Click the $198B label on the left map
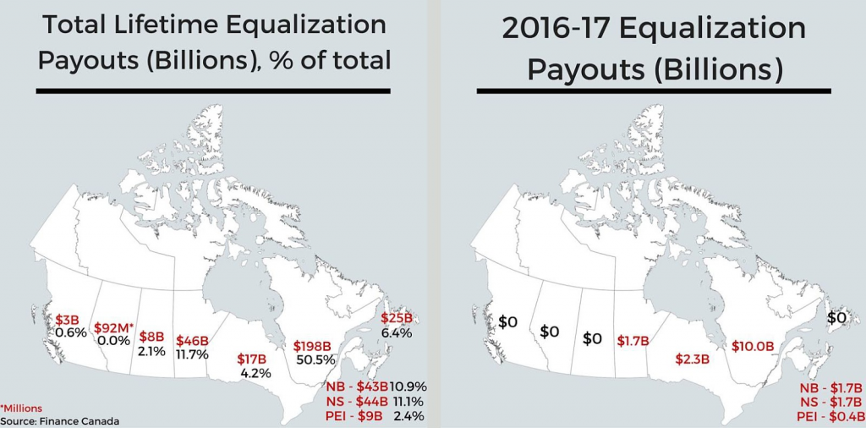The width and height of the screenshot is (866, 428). click(315, 346)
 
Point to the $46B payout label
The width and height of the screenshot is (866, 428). click(192, 341)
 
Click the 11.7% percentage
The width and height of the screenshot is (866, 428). click(192, 354)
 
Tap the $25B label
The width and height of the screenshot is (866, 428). click(396, 318)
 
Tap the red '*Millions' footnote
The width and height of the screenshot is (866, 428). click(21, 408)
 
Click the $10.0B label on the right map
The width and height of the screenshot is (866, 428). click(752, 345)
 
